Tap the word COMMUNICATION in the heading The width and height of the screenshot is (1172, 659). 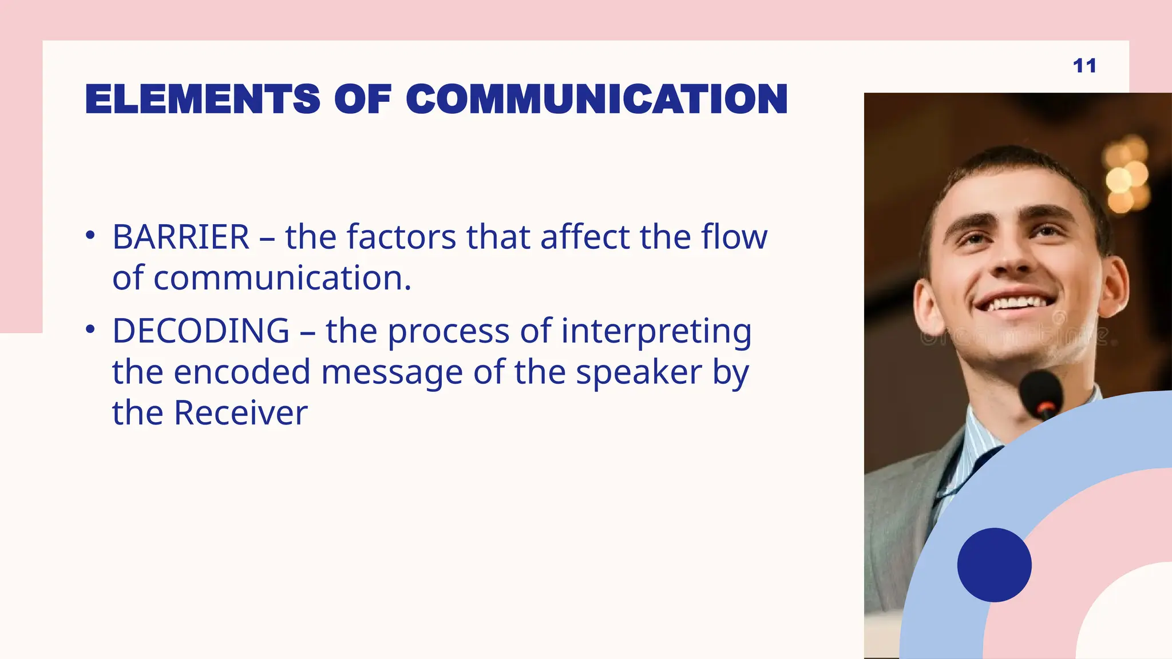pyautogui.click(x=597, y=99)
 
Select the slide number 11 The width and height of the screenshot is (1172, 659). pyautogui.click(x=1084, y=66)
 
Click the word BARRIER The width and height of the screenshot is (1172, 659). pyautogui.click(x=181, y=237)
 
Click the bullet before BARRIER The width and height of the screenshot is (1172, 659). pyautogui.click(x=90, y=236)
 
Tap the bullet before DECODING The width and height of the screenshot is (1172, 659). pyautogui.click(x=90, y=329)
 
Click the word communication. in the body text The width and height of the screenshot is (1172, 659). pyautogui.click(x=262, y=278)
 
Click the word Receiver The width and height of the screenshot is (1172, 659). pyautogui.click(x=240, y=413)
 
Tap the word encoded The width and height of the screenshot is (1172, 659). pyautogui.click(x=241, y=372)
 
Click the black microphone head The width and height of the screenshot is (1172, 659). pyautogui.click(x=1040, y=392)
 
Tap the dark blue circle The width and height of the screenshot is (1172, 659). pyautogui.click(x=994, y=565)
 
